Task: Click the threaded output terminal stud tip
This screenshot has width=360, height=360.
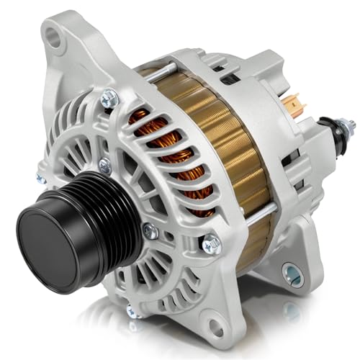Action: (351, 127)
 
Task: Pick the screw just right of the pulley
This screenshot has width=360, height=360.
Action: (149, 231)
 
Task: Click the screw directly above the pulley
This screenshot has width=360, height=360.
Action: (105, 165)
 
